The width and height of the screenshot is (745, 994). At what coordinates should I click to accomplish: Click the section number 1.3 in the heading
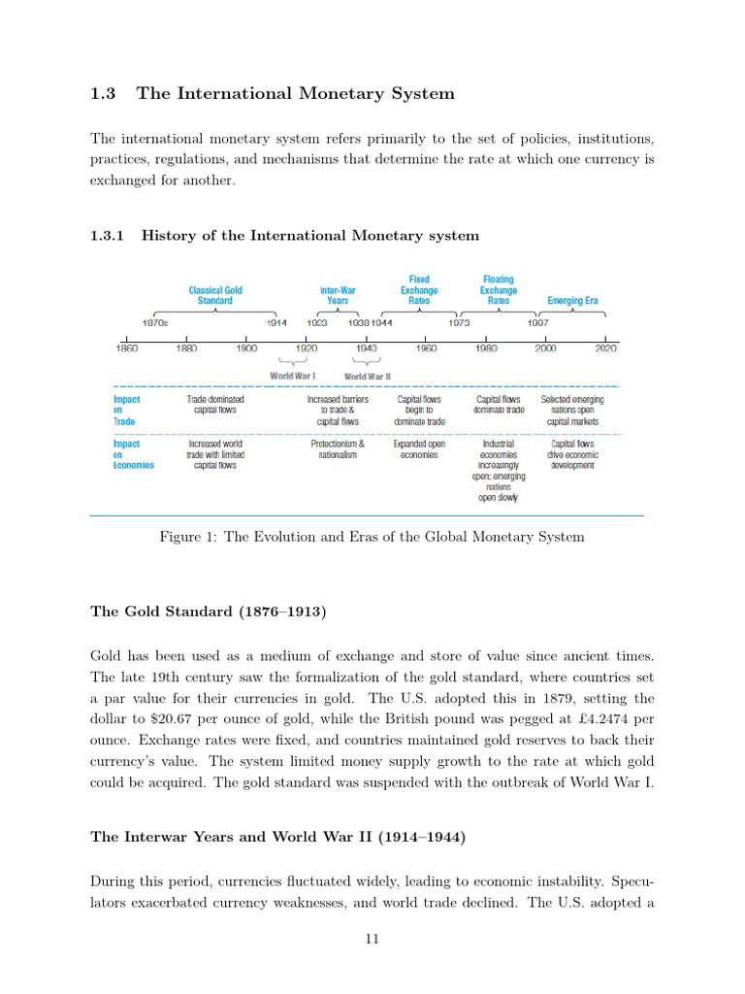click(x=103, y=94)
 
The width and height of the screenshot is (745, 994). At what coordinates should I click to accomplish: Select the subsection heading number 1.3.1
click(x=107, y=236)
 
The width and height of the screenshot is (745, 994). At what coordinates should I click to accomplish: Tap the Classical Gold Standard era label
click(x=215, y=295)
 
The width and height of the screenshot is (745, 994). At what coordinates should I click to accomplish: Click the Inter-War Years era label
click(x=338, y=295)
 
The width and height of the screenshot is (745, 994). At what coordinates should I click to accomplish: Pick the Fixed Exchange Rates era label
click(x=419, y=290)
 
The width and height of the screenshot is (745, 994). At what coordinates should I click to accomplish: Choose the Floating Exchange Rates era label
click(x=499, y=290)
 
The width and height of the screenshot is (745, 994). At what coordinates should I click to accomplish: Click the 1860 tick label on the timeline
click(x=126, y=348)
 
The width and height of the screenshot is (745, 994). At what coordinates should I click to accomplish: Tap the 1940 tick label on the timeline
click(x=367, y=348)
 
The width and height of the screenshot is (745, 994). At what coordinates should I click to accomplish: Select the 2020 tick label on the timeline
click(x=606, y=348)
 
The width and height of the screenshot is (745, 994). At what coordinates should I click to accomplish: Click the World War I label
click(x=292, y=376)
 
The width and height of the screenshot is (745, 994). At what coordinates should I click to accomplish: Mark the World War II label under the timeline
click(x=368, y=376)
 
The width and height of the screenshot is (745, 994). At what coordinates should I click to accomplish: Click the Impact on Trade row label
click(x=127, y=411)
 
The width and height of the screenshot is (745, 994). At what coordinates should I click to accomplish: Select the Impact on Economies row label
click(x=134, y=454)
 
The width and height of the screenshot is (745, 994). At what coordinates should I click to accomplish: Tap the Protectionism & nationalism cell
click(x=338, y=449)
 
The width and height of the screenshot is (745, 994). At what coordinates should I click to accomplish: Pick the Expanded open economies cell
click(x=419, y=449)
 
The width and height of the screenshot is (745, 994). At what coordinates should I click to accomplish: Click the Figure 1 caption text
click(x=372, y=537)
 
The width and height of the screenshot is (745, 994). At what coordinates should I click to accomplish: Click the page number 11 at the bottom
click(x=372, y=938)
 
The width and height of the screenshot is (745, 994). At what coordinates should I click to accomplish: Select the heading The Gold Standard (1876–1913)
click(x=209, y=612)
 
